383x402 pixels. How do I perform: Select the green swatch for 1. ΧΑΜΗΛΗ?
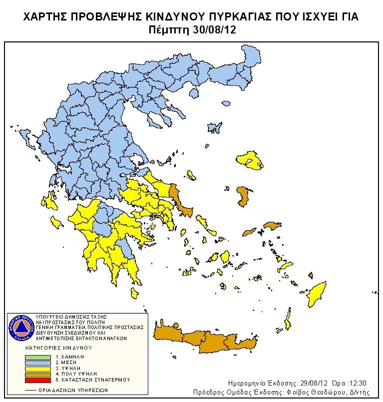38,357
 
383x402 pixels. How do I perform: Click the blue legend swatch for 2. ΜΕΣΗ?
38,363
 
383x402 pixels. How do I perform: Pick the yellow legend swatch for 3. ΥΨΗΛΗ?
38,368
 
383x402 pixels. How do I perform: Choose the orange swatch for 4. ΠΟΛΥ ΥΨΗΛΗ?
38,374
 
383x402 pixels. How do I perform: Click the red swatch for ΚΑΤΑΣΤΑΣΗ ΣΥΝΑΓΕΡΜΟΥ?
38,380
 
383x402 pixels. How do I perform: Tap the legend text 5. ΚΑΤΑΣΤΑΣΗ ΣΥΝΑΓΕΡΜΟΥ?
92,380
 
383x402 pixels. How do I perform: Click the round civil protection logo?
20,328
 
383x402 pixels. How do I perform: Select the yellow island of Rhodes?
316,294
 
